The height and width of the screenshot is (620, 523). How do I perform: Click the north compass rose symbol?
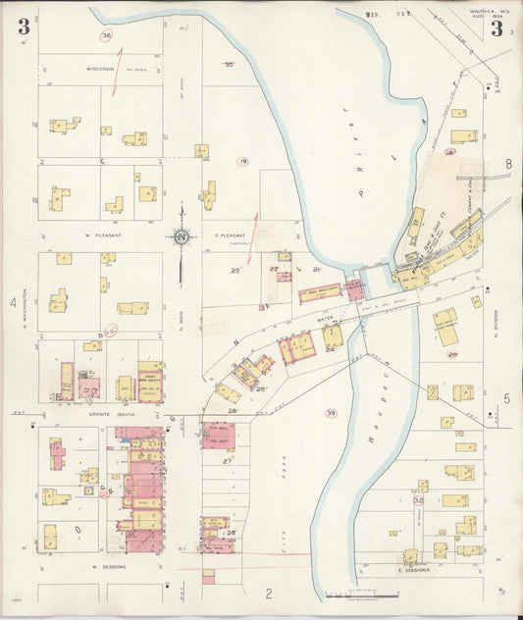[183, 236]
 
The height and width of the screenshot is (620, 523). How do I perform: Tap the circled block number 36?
[106, 35]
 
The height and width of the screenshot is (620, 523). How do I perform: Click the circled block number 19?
[242, 161]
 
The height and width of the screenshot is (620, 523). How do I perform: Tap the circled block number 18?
[449, 152]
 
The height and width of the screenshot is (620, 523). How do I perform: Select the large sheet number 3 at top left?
[23, 26]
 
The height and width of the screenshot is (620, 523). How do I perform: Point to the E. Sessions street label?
[389, 569]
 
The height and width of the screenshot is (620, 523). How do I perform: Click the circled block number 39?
[331, 413]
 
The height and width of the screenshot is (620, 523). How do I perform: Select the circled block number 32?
[418, 500]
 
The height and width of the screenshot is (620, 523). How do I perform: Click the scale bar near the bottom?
[363, 594]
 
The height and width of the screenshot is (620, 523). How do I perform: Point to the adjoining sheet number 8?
[508, 164]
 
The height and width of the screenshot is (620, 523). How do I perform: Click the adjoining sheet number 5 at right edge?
[507, 397]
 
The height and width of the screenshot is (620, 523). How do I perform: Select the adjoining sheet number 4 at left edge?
[14, 303]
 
